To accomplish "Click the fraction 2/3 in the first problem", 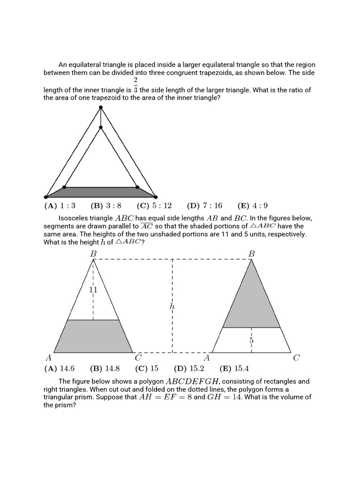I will pos(135,85).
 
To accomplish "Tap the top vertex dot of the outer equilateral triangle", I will pos(101,108).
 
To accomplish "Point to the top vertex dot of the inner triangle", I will pos(101,127).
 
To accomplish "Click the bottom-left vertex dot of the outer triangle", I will pos(46,197).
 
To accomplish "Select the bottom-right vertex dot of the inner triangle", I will pos(137,187).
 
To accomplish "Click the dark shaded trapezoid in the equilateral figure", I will pos(101,192).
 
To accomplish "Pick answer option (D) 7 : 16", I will pos(204,206).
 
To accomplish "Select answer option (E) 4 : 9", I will pos(253,206).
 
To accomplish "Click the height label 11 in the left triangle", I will pos(93,290).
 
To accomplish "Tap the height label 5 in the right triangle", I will pos(251,340).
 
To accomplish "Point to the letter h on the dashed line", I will pos(172,306).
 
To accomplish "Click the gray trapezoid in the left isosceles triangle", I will pos(94,336).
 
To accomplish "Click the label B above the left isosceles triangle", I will pos(93,254).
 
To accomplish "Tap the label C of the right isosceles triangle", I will pos(296,358).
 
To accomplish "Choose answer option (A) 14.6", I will pos(60,368).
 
